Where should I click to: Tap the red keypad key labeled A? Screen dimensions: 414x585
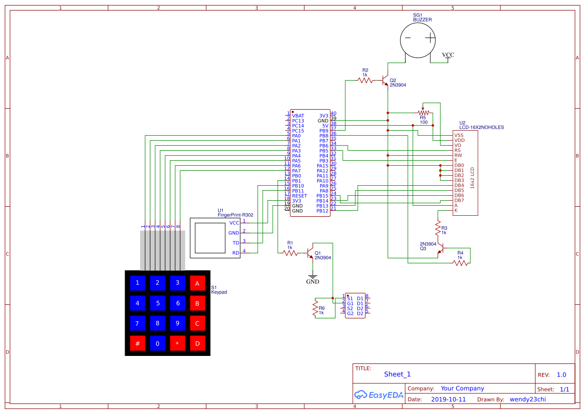point(197,283)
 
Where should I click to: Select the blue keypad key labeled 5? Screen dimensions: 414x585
point(157,303)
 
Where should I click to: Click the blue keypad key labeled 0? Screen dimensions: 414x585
point(157,343)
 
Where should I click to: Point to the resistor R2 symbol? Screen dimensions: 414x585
point(365,80)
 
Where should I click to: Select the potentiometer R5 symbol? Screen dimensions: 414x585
point(423,113)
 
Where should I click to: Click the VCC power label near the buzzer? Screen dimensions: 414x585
point(448,55)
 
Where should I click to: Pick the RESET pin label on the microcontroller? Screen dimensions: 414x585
point(299,196)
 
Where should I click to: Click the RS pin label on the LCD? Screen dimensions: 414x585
point(457,150)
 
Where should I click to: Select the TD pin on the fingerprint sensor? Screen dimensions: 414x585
point(236,242)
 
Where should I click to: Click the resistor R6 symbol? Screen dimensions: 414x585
point(315,308)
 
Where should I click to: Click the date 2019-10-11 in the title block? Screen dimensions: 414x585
point(448,399)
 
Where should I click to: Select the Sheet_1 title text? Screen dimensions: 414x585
point(397,374)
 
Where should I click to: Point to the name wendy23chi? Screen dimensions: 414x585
point(529,399)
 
